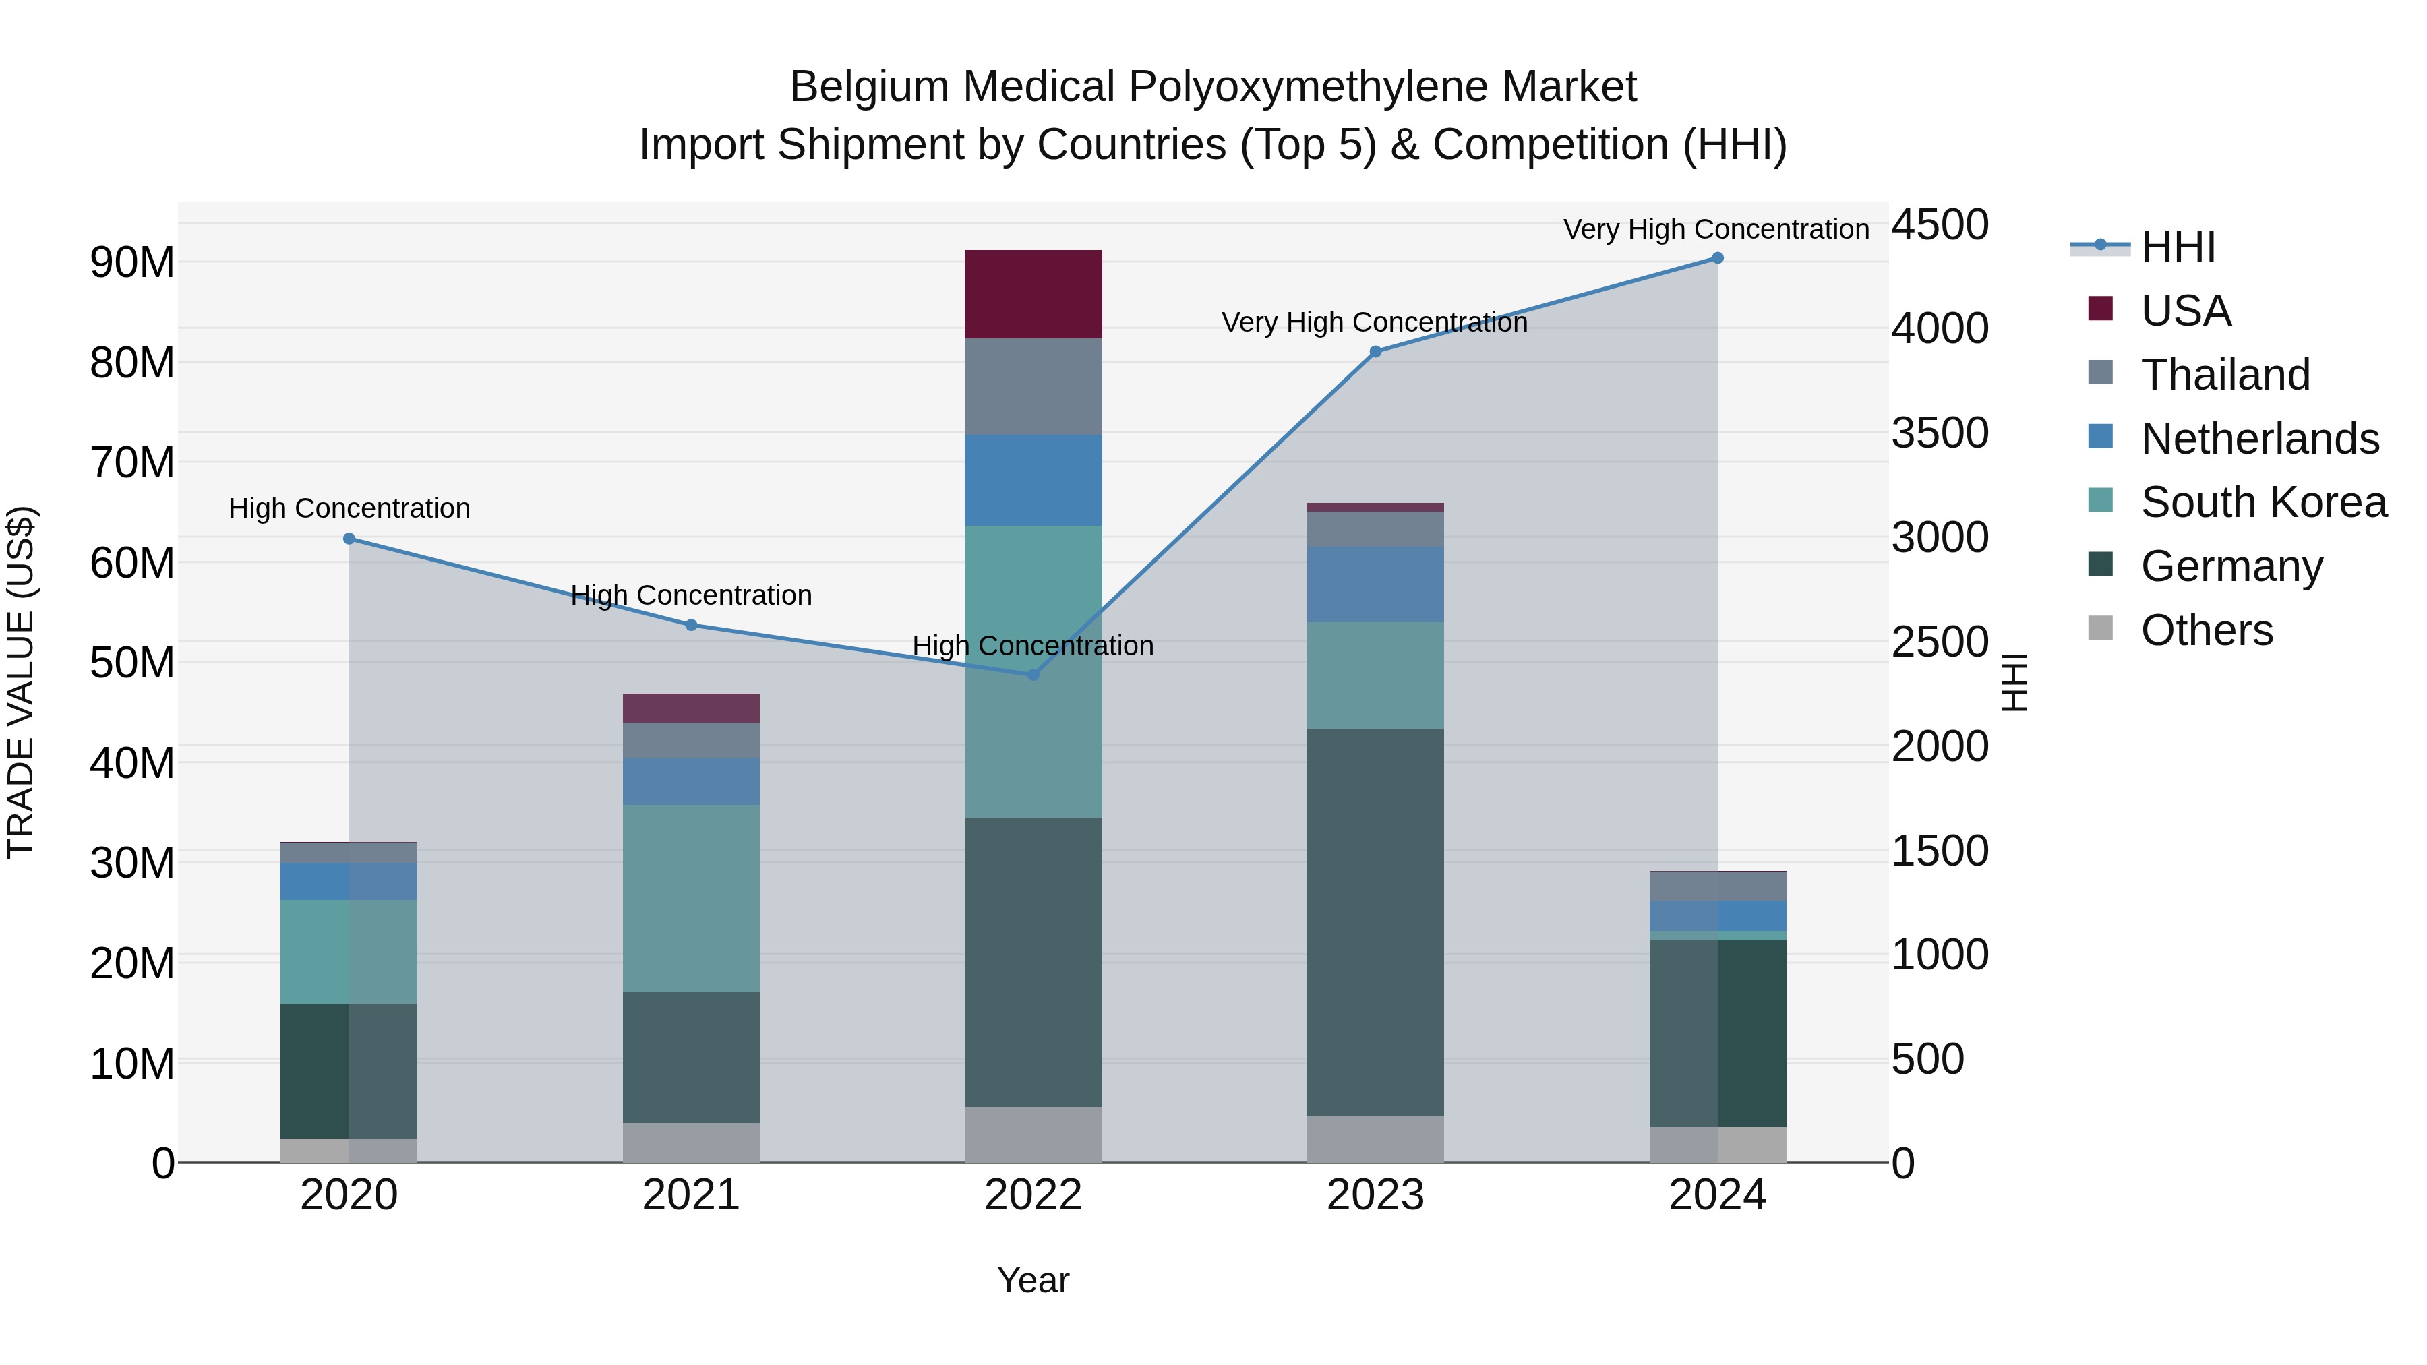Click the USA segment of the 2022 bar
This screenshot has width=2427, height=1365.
[1033, 294]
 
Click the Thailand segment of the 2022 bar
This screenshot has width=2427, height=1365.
[1033, 386]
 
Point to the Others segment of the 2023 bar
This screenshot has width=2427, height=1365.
[1375, 1139]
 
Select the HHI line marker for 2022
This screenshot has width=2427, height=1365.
[1033, 675]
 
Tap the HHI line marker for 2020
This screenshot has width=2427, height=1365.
[349, 539]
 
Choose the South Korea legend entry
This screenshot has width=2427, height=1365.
[2263, 502]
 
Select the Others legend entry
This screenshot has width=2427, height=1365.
[2206, 630]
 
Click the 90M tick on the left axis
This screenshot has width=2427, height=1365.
[132, 262]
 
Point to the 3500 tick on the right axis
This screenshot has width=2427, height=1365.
[1939, 433]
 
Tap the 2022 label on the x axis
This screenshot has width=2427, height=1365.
[1033, 1195]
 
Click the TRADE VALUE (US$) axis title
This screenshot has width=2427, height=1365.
[21, 682]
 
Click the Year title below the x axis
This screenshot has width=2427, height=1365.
[1033, 1280]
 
